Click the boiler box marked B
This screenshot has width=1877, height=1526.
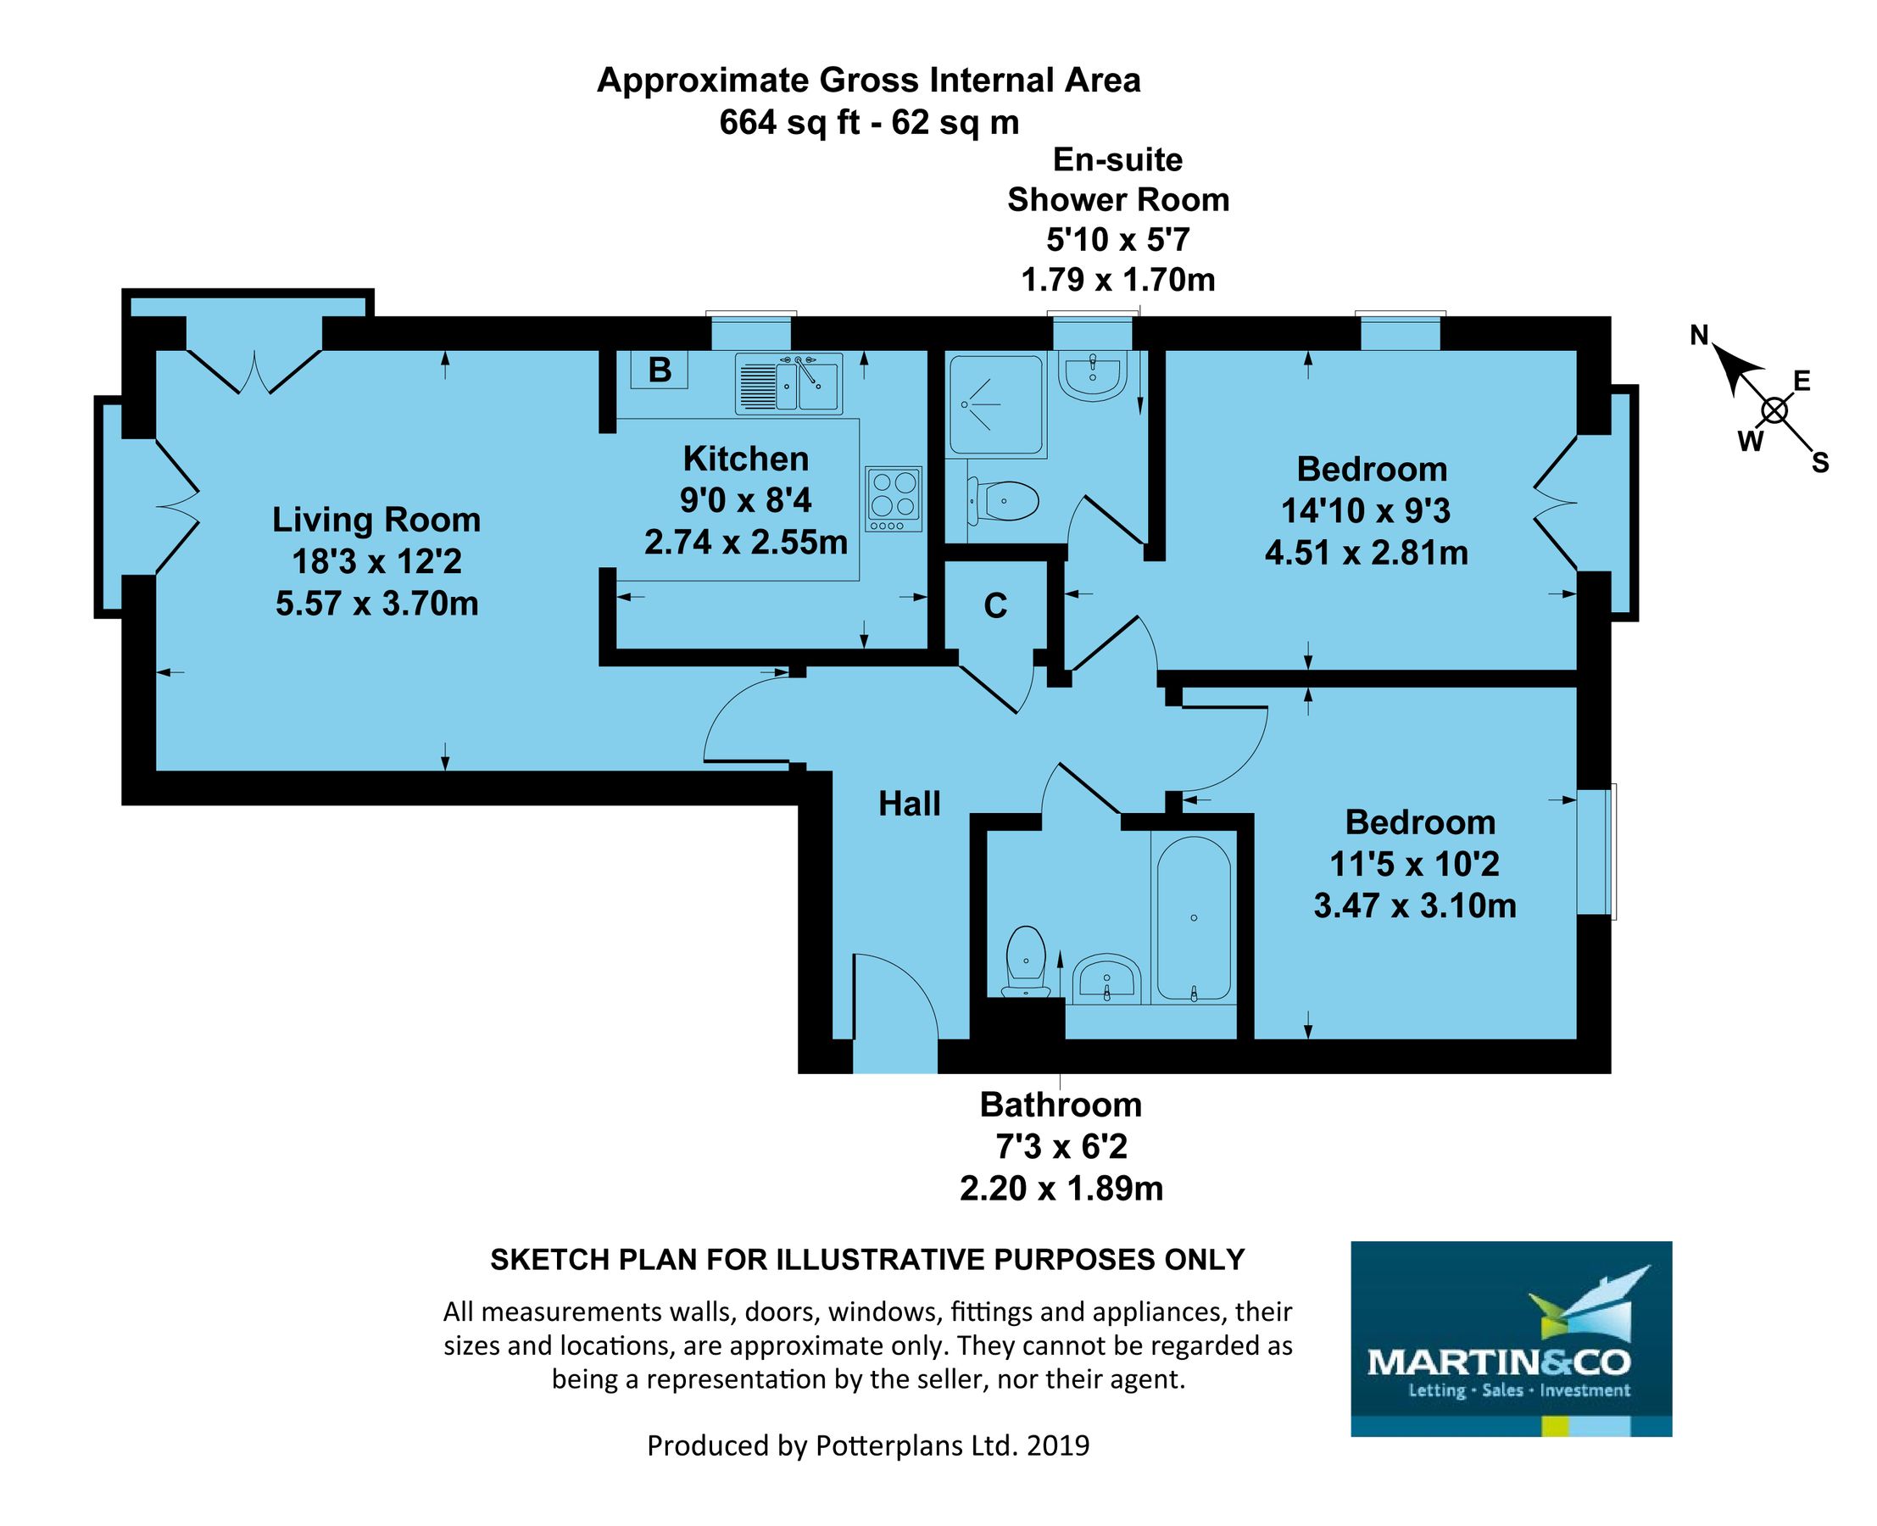point(659,370)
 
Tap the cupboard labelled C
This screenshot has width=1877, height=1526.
point(994,605)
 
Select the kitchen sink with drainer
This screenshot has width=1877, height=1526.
point(788,384)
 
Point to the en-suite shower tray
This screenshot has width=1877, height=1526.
point(995,404)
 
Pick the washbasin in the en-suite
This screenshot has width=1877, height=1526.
point(1092,376)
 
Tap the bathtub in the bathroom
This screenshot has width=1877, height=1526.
point(1193,917)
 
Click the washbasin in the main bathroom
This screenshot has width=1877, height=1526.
point(1106,978)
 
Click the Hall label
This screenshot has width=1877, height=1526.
point(909,804)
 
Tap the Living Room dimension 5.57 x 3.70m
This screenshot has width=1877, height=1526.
point(376,604)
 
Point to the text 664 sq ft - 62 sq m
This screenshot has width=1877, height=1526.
point(869,122)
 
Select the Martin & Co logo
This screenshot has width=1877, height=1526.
point(1510,1339)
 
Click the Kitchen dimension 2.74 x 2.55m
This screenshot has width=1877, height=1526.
point(745,543)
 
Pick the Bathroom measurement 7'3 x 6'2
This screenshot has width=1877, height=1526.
point(1061,1146)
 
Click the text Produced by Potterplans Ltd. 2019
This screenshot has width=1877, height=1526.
point(868,1445)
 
